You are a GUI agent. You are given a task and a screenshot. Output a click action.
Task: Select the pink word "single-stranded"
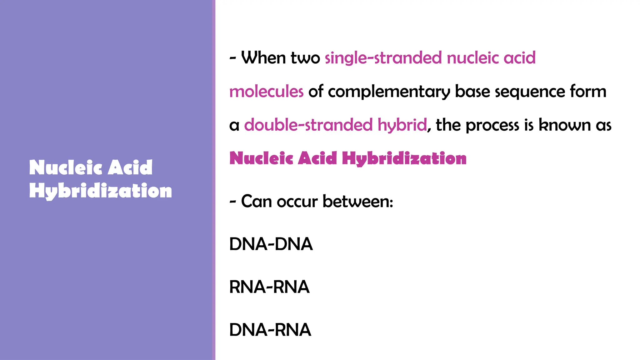[x=383, y=58]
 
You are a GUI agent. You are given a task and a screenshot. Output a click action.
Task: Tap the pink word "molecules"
[x=266, y=92]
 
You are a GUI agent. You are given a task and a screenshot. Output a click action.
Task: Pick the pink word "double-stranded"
[x=308, y=125]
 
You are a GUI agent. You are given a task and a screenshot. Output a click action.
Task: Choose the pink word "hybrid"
[x=402, y=125]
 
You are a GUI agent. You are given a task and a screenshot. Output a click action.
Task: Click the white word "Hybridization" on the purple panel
[x=100, y=191]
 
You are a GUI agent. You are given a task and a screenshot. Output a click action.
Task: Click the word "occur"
[x=297, y=202]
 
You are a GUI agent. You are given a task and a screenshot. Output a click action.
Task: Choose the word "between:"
[x=358, y=202]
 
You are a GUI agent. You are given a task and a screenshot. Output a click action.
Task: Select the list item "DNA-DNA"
[x=271, y=244]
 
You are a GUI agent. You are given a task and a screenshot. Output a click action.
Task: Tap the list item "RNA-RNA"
[x=269, y=287]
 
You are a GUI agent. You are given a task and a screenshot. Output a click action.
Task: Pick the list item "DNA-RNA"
[x=270, y=330]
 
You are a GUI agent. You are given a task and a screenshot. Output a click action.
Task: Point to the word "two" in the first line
[x=305, y=58]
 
